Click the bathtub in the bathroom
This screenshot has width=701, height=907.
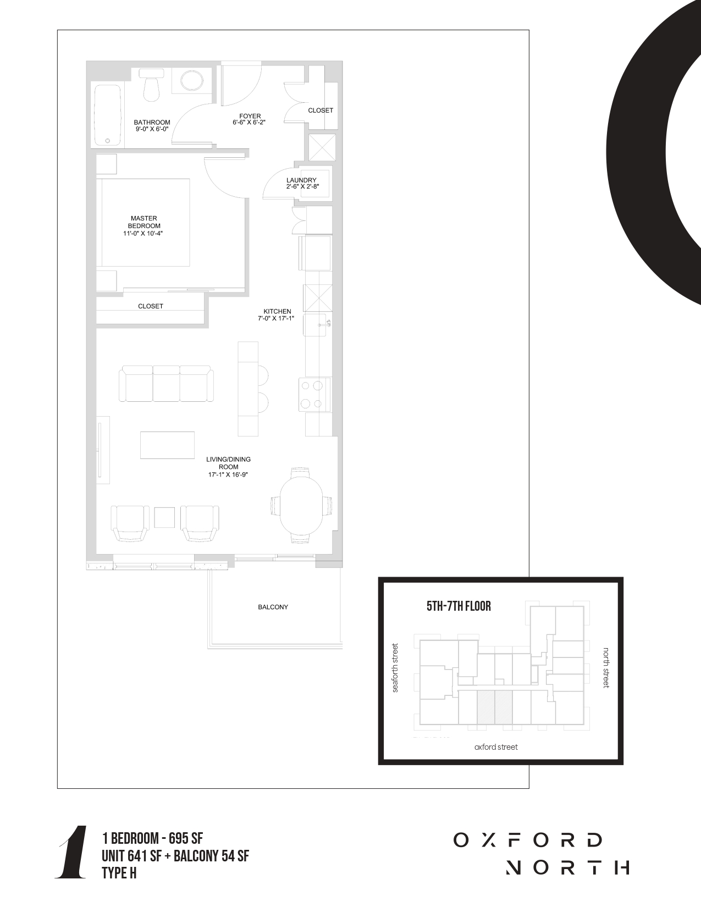point(108,115)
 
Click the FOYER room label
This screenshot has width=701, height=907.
point(250,116)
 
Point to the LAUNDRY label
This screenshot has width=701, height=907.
point(301,180)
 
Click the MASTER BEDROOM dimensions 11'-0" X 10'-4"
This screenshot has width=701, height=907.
point(143,233)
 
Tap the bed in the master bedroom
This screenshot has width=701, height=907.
point(143,223)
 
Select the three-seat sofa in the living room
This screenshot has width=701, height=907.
point(166,384)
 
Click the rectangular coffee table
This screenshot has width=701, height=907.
point(168,445)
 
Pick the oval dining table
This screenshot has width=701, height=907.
point(301,506)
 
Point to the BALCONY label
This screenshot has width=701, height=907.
point(273,607)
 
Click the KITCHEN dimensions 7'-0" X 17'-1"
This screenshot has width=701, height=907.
point(276,318)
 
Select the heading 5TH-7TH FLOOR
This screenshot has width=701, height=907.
point(459,606)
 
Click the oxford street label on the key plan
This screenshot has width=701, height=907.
point(496,747)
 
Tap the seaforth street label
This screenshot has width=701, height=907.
point(395,668)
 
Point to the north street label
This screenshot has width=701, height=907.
point(606,668)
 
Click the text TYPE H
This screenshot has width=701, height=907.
point(119,873)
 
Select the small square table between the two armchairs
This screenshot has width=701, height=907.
point(164,518)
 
